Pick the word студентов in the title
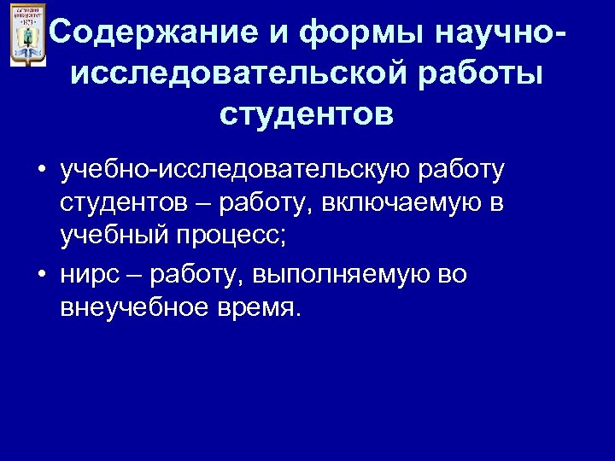pyautogui.click(x=307, y=113)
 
